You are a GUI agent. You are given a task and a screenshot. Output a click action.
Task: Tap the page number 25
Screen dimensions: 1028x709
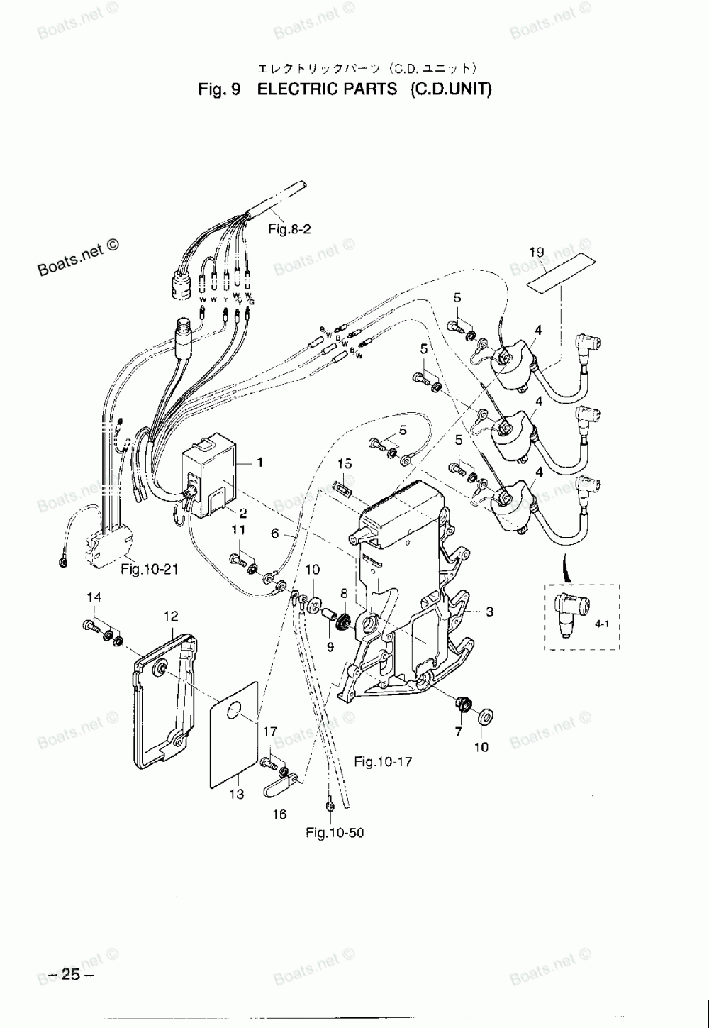pyautogui.click(x=71, y=974)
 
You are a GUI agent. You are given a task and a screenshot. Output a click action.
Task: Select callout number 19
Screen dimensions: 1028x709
pyautogui.click(x=536, y=252)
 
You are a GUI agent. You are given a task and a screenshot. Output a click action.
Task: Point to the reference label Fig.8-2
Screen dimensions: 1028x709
pyautogui.click(x=289, y=229)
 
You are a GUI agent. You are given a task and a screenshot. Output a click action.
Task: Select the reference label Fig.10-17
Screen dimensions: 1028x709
pyautogui.click(x=383, y=762)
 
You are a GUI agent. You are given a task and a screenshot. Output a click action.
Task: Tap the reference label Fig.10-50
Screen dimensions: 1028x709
pyautogui.click(x=335, y=833)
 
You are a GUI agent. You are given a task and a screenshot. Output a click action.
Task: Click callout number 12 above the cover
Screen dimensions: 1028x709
pyautogui.click(x=171, y=616)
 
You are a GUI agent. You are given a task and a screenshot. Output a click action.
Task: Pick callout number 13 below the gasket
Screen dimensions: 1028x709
pyautogui.click(x=236, y=795)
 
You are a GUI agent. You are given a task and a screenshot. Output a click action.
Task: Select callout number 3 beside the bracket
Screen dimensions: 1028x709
pyautogui.click(x=489, y=612)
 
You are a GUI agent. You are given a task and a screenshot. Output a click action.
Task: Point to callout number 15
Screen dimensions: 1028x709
pyautogui.click(x=345, y=463)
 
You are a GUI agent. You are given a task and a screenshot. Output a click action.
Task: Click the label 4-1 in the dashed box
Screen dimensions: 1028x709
pyautogui.click(x=602, y=624)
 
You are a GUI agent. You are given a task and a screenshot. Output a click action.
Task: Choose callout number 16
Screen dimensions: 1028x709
pyautogui.click(x=279, y=814)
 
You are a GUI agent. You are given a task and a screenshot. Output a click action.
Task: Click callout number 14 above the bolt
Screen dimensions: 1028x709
pyautogui.click(x=94, y=597)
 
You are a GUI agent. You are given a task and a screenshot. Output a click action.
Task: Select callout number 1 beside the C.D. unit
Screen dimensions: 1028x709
pyautogui.click(x=260, y=463)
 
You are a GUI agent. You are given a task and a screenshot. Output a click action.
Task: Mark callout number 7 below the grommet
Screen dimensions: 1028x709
pyautogui.click(x=459, y=731)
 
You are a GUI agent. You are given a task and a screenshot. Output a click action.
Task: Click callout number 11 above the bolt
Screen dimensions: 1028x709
pyautogui.click(x=239, y=530)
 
